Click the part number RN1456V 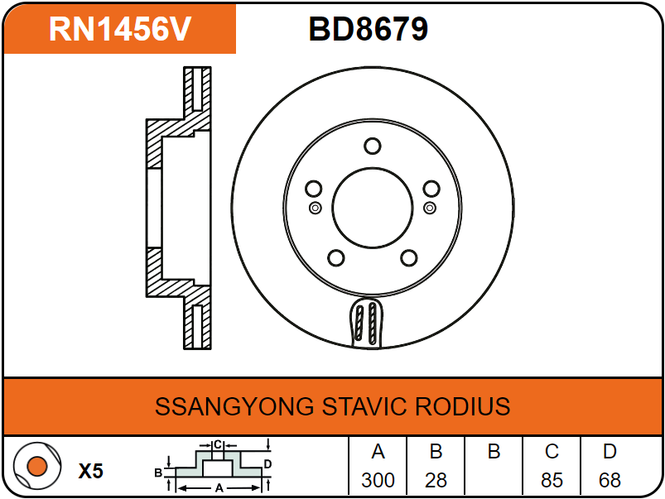(120, 29)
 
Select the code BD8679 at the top (368, 29)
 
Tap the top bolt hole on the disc (372, 146)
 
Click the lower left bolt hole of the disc (335, 258)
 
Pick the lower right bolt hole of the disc (408, 258)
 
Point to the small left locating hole (314, 207)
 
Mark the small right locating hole (429, 207)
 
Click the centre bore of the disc (372, 208)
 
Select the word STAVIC (361, 407)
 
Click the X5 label (91, 472)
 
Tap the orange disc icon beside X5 (36, 466)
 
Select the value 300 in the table (378, 480)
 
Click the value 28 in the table (436, 480)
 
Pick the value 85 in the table (552, 480)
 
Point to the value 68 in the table (610, 480)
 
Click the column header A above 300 (378, 452)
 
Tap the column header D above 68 (610, 452)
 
